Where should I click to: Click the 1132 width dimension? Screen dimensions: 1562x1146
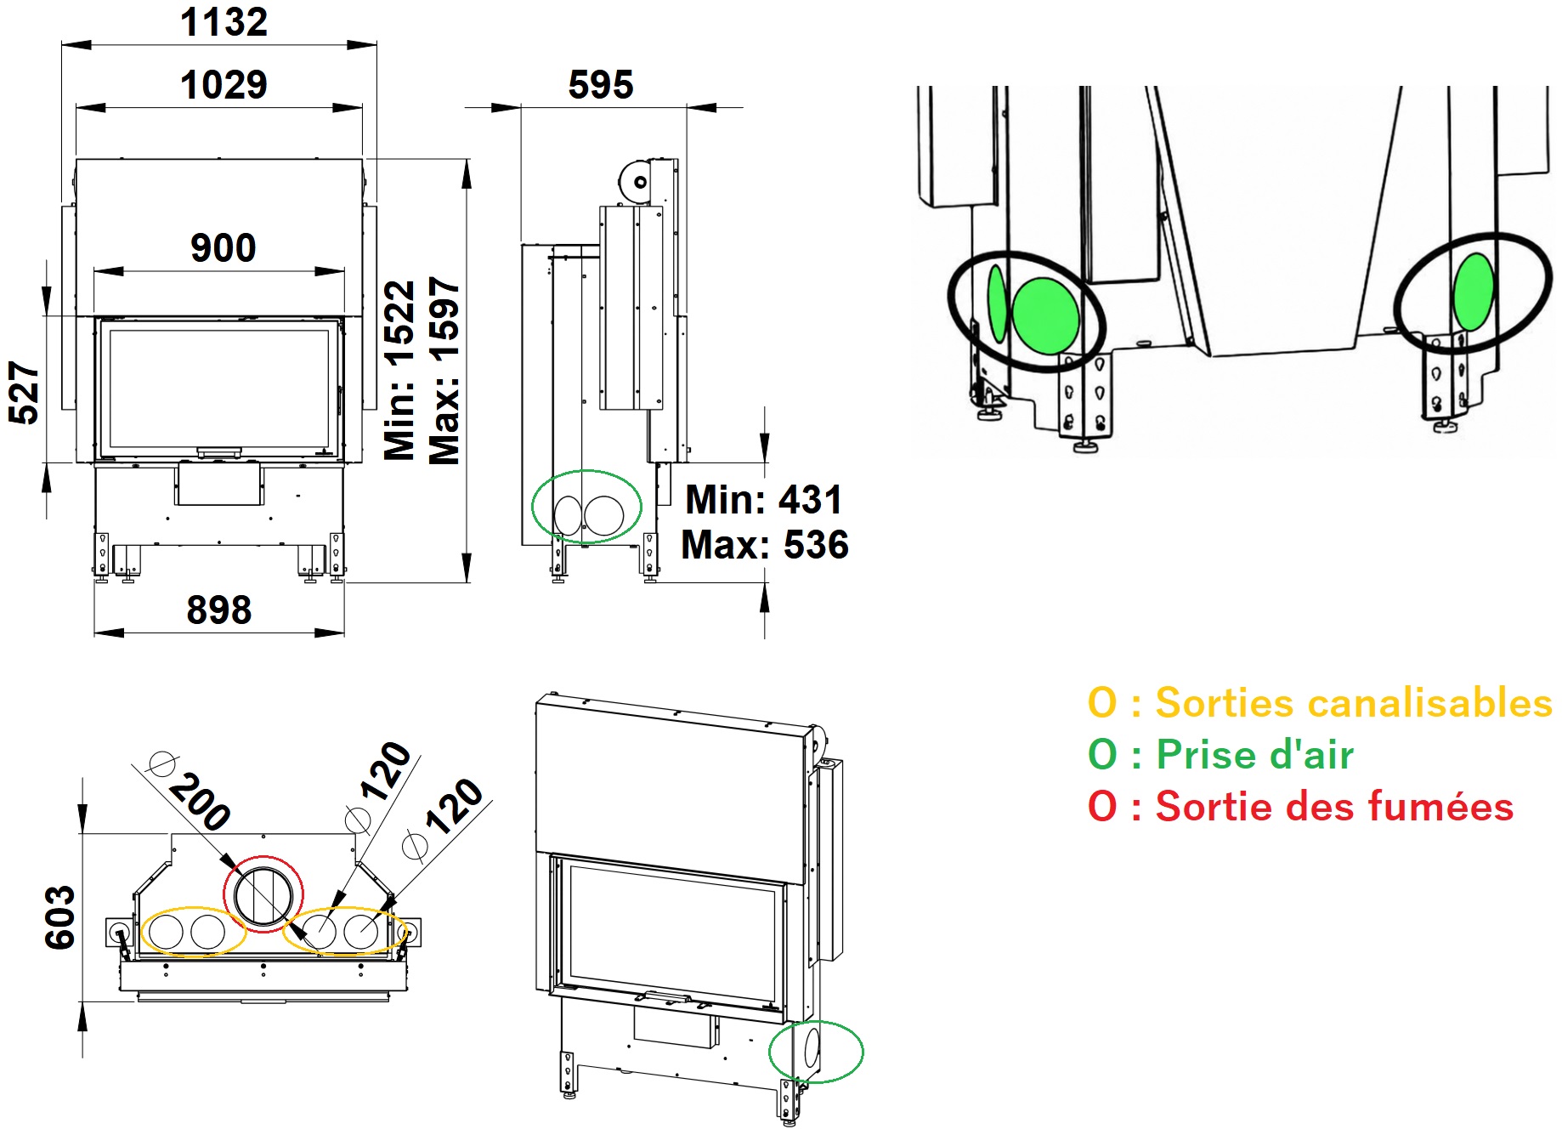coord(224,22)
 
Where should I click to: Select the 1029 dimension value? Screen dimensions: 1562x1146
coord(224,85)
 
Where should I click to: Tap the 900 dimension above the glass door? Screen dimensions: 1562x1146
coord(224,248)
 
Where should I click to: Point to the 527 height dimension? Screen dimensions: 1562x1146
coord(24,393)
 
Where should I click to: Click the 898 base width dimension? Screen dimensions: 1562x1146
coord(219,610)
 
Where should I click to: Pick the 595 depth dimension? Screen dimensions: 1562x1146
coord(601,85)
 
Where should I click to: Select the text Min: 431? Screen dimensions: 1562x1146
coord(764,500)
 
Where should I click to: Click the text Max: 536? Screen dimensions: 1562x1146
coord(765,545)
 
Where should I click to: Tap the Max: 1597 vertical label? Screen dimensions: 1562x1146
coord(444,371)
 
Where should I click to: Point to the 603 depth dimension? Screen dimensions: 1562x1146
coord(60,917)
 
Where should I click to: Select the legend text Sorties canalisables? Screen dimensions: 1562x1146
coord(1354,703)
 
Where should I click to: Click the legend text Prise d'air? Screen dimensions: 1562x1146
coord(1255,755)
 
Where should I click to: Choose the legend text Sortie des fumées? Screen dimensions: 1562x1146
coord(1334,806)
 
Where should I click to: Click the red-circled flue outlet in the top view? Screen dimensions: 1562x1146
coord(263,857)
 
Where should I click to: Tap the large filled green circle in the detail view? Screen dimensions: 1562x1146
coord(1046,316)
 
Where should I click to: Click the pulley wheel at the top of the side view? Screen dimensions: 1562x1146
coord(634,180)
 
